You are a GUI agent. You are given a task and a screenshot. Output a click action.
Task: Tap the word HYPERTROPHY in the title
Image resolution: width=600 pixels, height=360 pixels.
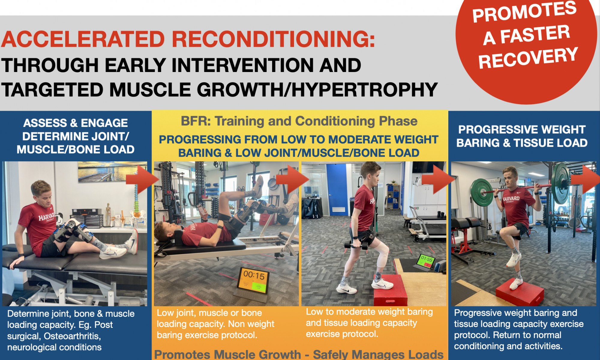(x=364, y=90)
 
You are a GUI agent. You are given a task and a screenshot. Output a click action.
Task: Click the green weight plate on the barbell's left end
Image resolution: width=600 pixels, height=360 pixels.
(x=481, y=192)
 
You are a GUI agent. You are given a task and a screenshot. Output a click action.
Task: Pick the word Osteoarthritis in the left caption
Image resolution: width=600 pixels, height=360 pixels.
(x=72, y=336)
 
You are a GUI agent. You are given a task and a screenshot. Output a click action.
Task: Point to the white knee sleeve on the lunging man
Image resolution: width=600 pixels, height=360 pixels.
(x=381, y=255)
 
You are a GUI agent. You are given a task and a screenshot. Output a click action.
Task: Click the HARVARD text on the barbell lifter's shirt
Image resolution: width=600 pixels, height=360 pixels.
(x=511, y=199)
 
